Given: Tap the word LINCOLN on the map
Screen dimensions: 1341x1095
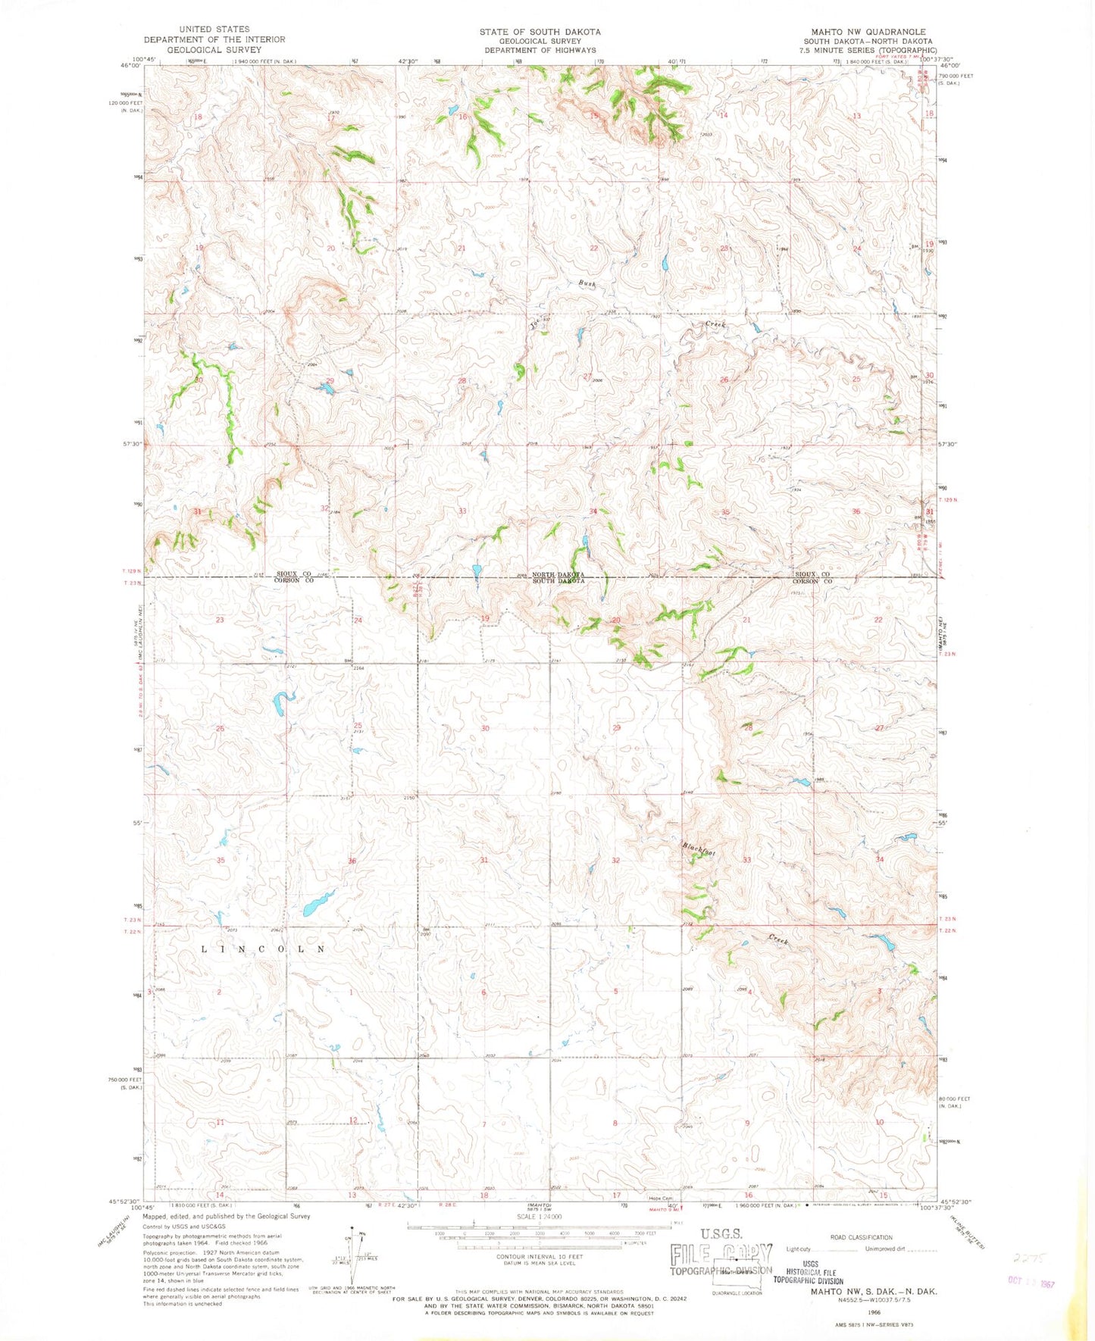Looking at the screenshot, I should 264,949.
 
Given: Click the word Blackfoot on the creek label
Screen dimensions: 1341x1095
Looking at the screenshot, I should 698,849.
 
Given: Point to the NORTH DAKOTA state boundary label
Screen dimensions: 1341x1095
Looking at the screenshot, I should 558,575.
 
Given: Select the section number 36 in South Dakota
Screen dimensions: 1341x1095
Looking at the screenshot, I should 352,861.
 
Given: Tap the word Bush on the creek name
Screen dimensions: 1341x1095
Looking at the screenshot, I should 587,283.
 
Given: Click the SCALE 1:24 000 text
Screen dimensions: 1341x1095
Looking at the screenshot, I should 540,1217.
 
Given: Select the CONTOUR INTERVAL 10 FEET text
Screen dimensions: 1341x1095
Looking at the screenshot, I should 540,1256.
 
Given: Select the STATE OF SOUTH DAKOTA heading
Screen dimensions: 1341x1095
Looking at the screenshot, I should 540,32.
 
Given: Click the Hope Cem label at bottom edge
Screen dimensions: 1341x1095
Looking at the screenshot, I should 660,1198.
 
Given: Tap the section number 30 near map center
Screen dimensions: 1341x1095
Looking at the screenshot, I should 485,728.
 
